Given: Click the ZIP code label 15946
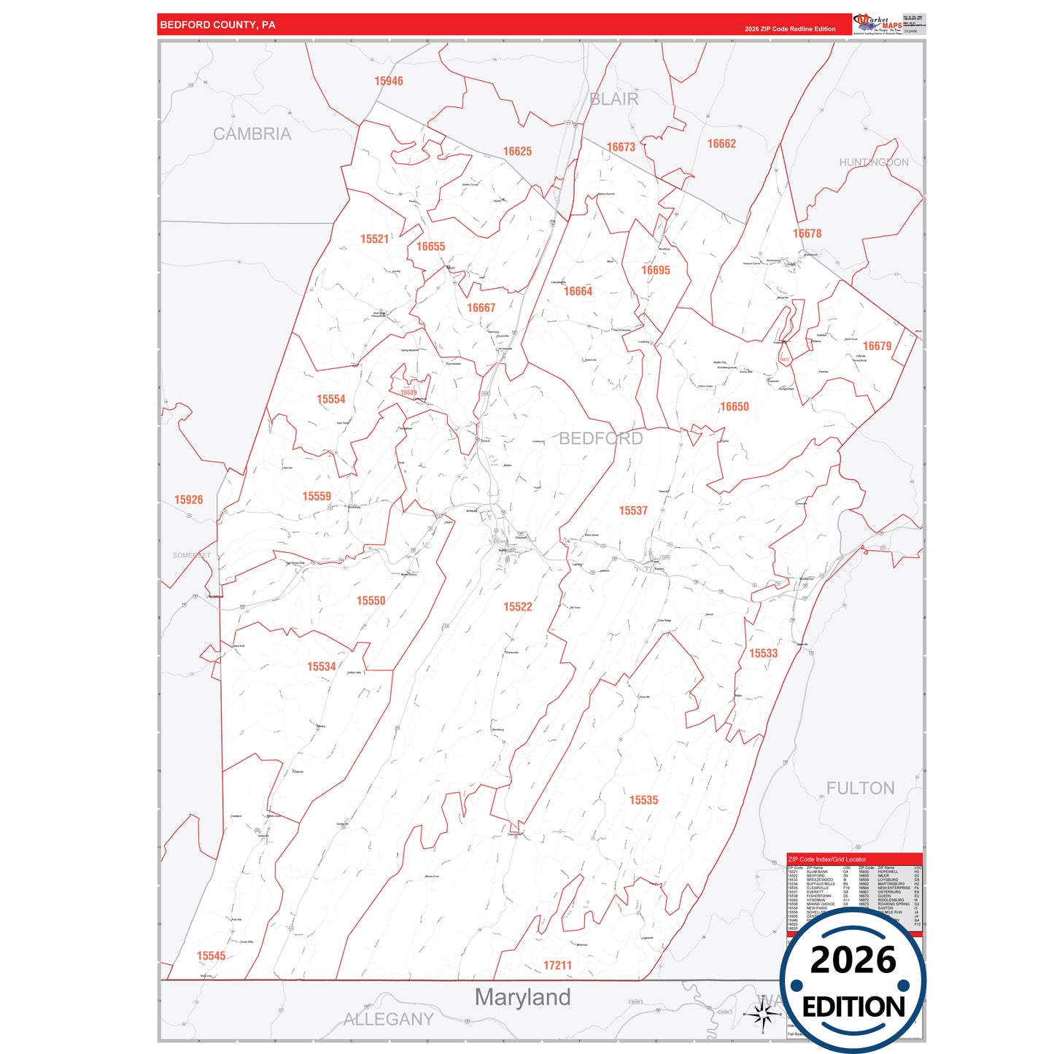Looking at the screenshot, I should click(388, 81).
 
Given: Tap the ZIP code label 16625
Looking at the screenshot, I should click(517, 152).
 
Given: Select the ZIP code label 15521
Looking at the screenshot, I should click(374, 239).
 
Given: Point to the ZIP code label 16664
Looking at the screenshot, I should click(578, 292).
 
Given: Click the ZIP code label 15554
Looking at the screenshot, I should click(330, 400).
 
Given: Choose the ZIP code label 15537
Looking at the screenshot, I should click(633, 511).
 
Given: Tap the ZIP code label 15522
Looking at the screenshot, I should click(518, 607).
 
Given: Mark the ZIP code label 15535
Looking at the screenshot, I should click(643, 801).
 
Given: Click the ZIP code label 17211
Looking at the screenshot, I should click(557, 966).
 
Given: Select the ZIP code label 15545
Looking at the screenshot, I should click(211, 956).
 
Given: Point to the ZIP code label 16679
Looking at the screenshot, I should click(877, 346).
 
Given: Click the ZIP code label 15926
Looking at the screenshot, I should click(188, 500).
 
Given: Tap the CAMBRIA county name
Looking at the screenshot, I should click(252, 134).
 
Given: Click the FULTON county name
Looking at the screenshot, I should click(860, 788).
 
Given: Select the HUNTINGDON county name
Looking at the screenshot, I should click(874, 163).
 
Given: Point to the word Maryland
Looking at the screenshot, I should click(522, 998).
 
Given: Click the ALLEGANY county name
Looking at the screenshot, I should click(388, 1020).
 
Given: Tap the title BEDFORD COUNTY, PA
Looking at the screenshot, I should click(217, 25).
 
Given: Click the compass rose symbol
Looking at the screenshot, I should click(763, 1014).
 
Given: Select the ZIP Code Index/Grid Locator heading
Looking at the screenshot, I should click(827, 859).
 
